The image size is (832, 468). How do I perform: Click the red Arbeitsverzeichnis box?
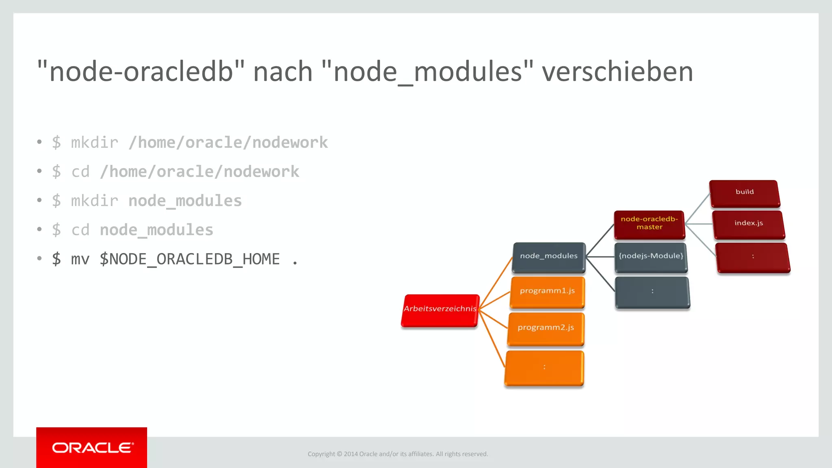440,310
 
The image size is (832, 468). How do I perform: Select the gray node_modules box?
548,256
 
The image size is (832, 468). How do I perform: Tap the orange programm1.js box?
547,291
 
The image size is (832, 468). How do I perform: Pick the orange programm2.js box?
546,328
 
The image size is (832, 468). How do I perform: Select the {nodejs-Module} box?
651,256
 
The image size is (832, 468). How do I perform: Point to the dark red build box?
744,193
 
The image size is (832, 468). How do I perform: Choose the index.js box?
748,223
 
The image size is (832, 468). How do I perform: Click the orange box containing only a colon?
544,367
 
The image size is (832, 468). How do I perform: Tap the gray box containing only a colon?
652,292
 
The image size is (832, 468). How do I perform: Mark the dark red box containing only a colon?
753,257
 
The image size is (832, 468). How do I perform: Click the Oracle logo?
92,448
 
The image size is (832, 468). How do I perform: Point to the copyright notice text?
398,454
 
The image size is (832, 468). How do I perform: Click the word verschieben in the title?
617,72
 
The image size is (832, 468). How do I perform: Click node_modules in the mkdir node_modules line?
185,201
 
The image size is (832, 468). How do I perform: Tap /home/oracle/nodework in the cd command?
199,172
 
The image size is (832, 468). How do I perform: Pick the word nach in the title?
283,72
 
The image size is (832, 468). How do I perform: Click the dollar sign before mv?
56,259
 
